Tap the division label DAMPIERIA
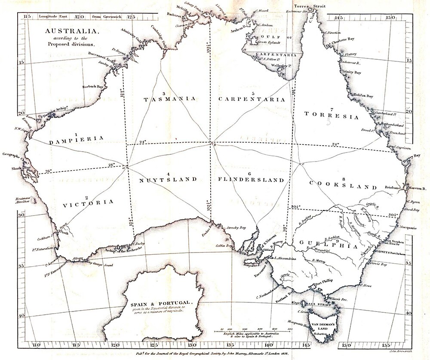(77, 139)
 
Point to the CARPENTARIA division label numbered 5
(252, 99)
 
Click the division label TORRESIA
(331, 115)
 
